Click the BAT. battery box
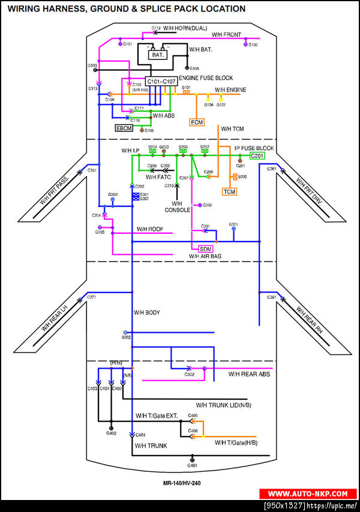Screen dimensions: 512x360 (158, 55)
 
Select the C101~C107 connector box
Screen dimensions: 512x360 (161, 81)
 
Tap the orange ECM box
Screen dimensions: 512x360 (197, 122)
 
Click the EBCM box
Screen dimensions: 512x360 (124, 128)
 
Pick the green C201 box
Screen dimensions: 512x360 (257, 155)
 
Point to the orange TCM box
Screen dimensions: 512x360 (229, 191)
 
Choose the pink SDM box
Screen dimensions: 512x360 (206, 248)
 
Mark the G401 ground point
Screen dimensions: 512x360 (192, 460)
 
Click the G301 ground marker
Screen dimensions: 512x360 (234, 229)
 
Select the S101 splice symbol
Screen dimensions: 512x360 (186, 92)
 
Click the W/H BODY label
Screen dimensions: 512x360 (146, 313)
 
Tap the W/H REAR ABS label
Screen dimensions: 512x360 (249, 374)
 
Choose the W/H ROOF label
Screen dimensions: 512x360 (150, 229)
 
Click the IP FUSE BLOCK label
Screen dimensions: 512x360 (254, 147)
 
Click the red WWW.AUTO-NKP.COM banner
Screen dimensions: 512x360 (308, 493)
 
